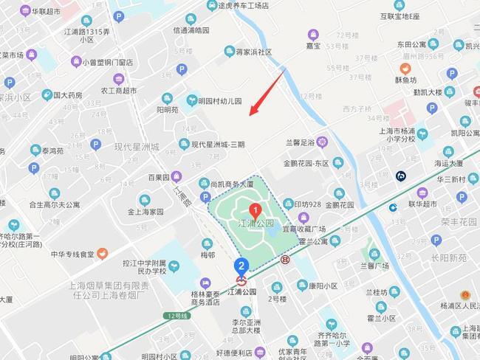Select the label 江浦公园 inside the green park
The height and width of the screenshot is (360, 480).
pyautogui.click(x=256, y=223)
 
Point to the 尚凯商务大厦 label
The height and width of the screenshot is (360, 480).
pyautogui.click(x=231, y=184)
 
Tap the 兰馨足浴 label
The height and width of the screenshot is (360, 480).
pyautogui.click(x=299, y=142)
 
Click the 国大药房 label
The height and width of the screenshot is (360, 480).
pyautogui.click(x=67, y=95)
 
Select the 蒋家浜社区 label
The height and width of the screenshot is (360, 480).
pyautogui.click(x=253, y=52)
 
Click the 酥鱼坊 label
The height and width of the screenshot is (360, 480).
pyautogui.click(x=405, y=80)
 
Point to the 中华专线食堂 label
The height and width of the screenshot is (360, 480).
pyautogui.click(x=72, y=255)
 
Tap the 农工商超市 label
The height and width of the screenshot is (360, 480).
pyautogui.click(x=119, y=91)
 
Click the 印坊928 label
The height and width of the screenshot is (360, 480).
pyautogui.click(x=307, y=204)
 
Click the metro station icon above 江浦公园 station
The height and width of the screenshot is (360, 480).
pyautogui.click(x=241, y=280)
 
